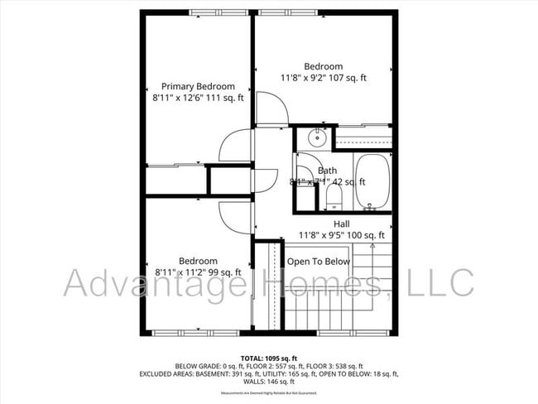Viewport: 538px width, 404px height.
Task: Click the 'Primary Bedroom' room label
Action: (x=198, y=86)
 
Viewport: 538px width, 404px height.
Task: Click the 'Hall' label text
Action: (x=341, y=224)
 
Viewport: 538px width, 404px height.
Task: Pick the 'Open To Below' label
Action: (x=319, y=262)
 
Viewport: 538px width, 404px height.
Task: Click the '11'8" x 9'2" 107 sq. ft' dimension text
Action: (x=323, y=78)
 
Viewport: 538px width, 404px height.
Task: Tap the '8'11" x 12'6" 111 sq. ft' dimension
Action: (x=198, y=98)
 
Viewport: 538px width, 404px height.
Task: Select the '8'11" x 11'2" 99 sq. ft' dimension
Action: (x=198, y=272)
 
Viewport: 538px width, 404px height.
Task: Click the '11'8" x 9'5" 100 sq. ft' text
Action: (x=341, y=235)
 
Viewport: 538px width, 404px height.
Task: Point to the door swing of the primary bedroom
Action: (x=234, y=146)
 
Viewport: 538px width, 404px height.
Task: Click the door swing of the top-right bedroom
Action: (x=270, y=109)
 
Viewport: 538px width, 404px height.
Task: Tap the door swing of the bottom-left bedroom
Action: (x=236, y=218)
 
